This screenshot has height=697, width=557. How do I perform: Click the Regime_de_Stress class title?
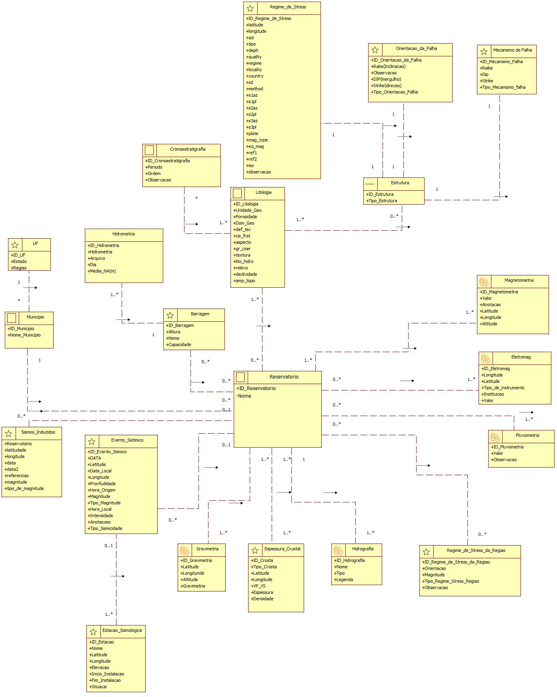click(288, 7)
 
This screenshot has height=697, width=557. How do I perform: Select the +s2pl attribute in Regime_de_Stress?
click(251, 114)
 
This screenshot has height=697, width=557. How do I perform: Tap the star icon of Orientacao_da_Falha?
click(375, 50)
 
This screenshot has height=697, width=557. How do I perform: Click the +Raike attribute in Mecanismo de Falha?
click(487, 68)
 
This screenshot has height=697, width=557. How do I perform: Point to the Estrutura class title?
click(400, 183)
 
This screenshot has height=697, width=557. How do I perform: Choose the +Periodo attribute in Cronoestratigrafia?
click(154, 167)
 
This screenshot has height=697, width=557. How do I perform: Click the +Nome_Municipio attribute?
click(24, 335)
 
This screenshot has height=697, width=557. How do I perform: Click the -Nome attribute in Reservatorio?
click(244, 396)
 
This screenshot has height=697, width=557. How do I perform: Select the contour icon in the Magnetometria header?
click(484, 282)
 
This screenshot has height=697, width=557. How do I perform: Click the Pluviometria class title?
click(527, 436)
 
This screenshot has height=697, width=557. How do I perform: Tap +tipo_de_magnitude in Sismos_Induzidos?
click(24, 488)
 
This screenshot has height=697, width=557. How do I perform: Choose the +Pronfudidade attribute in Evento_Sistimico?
click(102, 484)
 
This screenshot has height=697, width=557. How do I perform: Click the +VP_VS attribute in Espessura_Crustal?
click(258, 586)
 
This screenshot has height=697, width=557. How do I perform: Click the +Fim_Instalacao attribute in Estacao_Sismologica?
click(105, 680)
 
